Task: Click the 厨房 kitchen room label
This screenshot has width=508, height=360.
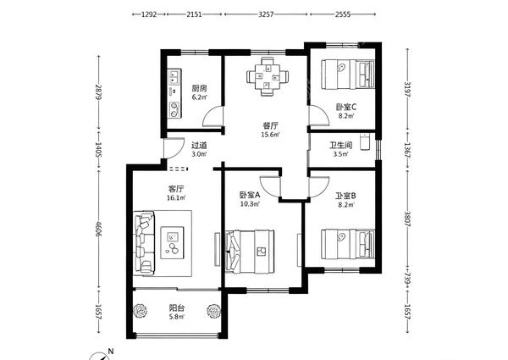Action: tap(199, 88)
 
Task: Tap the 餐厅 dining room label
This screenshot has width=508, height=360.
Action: tap(270, 125)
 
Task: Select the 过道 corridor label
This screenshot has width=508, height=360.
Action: tap(199, 146)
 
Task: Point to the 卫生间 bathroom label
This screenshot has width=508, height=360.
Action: tap(341, 145)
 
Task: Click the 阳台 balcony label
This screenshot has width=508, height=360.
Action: tap(177, 307)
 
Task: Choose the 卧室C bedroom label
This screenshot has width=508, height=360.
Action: tap(346, 107)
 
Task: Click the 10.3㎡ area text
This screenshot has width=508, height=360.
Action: tap(250, 204)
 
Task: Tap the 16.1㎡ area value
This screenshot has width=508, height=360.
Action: tap(176, 197)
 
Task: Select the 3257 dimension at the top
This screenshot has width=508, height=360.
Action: tap(266, 14)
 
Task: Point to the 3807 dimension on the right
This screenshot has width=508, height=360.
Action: tap(407, 219)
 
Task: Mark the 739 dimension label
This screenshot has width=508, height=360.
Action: tap(407, 278)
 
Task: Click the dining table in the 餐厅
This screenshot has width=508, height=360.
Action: tap(268, 76)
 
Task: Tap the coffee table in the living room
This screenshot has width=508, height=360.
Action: tap(173, 242)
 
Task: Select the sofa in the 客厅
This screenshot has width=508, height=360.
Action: tap(144, 243)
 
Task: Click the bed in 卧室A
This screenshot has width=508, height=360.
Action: tap(250, 252)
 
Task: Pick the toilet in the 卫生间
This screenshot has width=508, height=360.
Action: tap(365, 141)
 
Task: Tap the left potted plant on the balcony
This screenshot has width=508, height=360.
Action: tap(141, 311)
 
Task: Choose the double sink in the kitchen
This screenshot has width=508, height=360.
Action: tap(174, 76)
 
